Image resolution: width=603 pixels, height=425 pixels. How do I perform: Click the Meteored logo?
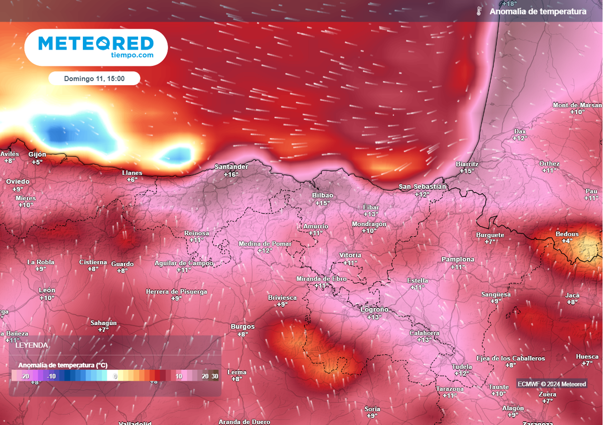click(96, 47)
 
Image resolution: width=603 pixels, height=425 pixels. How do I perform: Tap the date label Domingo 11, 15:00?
click(94, 79)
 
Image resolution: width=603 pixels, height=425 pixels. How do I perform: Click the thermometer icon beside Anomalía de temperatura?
click(479, 11)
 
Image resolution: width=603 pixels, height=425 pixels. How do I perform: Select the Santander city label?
click(231, 167)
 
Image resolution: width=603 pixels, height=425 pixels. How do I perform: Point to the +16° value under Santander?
click(231, 174)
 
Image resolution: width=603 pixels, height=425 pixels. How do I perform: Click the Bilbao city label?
click(323, 195)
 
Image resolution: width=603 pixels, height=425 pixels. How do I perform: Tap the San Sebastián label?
click(423, 187)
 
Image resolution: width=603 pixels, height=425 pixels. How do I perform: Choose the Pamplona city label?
click(458, 260)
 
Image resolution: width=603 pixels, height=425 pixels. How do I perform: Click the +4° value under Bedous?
click(567, 241)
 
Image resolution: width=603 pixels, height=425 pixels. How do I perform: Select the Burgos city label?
click(243, 327)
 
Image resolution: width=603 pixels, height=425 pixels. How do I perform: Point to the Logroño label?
click(375, 310)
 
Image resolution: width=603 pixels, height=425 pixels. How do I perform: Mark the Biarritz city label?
click(467, 164)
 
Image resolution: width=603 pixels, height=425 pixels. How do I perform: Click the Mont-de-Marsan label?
click(578, 105)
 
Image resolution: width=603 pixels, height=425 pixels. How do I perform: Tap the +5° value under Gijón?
click(37, 162)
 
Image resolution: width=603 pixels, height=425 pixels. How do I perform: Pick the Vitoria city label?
click(350, 255)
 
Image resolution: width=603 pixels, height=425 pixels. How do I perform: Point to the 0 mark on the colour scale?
click(115, 376)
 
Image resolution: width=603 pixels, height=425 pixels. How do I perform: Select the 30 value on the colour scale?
click(215, 376)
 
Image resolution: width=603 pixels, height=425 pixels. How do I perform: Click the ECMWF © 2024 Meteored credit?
click(552, 384)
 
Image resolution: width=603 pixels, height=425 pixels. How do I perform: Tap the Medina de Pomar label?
click(265, 244)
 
